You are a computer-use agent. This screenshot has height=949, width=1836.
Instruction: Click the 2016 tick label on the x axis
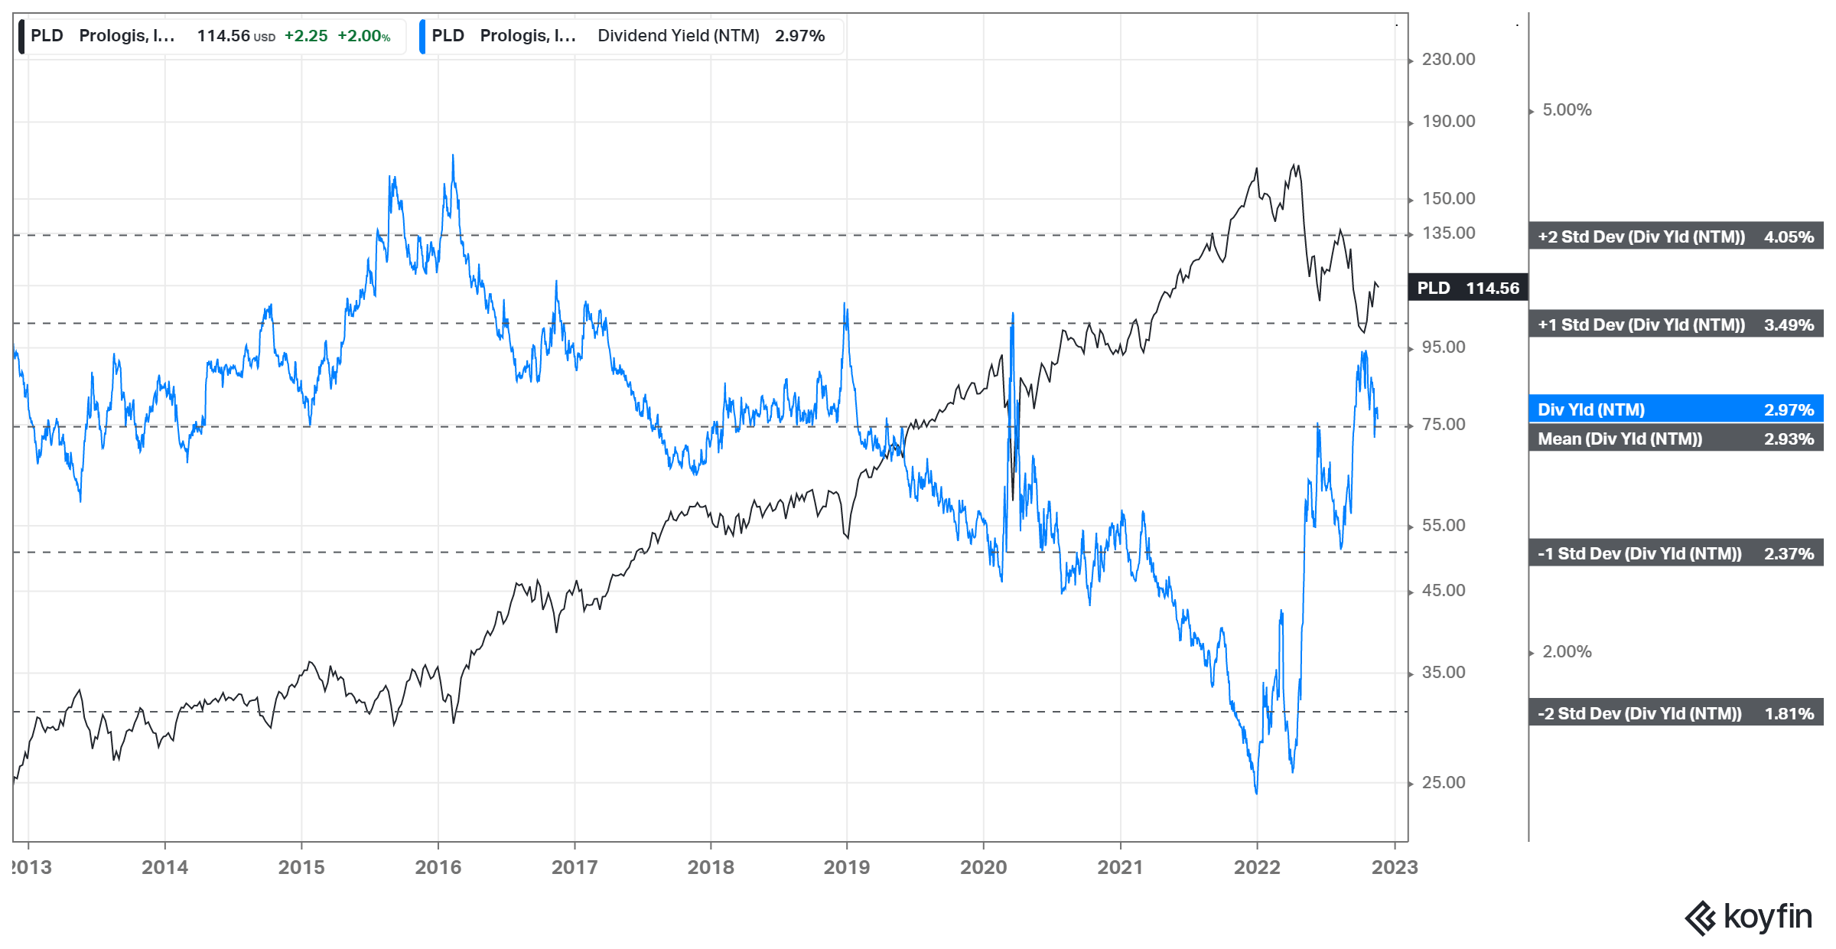click(x=438, y=867)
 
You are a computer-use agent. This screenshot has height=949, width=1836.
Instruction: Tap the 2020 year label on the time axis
click(x=983, y=867)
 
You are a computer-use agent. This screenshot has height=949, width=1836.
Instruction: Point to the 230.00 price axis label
click(x=1448, y=60)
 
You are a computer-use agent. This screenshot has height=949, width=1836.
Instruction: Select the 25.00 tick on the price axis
click(x=1444, y=783)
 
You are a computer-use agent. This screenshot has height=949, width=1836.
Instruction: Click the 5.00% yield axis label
click(x=1566, y=110)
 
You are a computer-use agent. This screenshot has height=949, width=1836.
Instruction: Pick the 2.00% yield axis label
click(x=1566, y=652)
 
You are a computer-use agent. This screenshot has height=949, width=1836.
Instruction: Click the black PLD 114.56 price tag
click(x=1467, y=288)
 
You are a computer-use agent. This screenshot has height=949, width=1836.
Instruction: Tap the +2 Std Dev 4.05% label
click(x=1675, y=237)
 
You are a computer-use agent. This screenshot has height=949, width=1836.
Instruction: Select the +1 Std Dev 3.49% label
click(x=1675, y=325)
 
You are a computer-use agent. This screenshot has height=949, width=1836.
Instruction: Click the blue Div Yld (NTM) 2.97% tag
click(x=1675, y=410)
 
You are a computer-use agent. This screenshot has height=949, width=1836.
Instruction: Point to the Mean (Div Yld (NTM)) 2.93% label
click(x=1675, y=439)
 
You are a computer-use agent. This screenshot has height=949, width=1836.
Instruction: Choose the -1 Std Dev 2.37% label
click(x=1675, y=554)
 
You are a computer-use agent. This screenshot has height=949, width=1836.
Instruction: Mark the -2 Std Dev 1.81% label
click(x=1675, y=714)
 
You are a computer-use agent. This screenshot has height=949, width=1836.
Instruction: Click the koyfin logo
click(x=1749, y=917)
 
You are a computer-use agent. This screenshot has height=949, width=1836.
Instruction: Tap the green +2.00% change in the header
click(x=363, y=36)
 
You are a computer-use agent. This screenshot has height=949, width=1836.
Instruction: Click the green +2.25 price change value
click(x=306, y=36)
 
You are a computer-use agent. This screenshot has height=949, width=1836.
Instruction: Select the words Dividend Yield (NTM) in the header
click(x=679, y=36)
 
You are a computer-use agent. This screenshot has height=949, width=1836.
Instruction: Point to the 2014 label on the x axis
click(x=164, y=867)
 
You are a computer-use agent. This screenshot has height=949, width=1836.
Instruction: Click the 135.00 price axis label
click(x=1448, y=233)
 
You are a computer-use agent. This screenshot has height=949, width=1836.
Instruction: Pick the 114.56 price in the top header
click(x=223, y=36)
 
